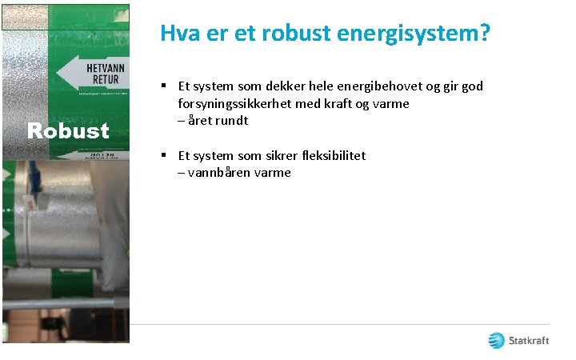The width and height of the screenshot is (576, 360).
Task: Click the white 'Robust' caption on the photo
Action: pos(68,130)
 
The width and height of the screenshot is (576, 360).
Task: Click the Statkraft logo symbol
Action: pos(497,341)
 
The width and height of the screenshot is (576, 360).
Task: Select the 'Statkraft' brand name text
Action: pos(530,342)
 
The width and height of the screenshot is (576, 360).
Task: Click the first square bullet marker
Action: pos(162,85)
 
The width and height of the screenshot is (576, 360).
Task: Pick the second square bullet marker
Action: pos(162,154)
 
